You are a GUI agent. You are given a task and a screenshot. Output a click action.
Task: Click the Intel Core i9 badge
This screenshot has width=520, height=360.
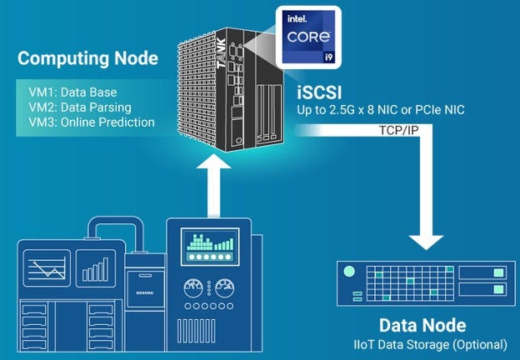[x=311, y=40]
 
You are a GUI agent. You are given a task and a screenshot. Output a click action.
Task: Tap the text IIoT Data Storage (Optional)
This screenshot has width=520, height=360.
[x=428, y=343]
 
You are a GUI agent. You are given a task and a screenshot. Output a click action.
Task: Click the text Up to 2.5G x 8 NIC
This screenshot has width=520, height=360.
[x=353, y=110]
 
